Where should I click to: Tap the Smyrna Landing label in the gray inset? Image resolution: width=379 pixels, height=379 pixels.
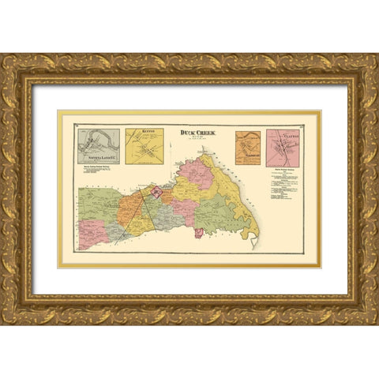98,160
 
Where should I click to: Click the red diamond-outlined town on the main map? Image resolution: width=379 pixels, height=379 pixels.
156,192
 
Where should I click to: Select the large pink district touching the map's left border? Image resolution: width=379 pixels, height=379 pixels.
85,237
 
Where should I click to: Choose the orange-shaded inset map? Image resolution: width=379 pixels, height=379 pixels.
247,148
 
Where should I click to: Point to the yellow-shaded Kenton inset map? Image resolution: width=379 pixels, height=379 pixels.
144,147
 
